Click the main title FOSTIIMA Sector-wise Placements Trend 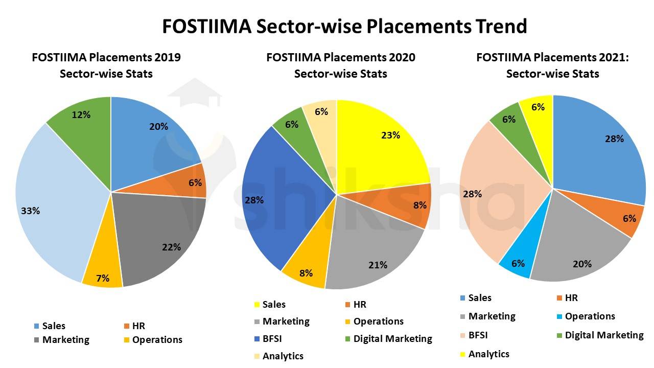[x=344, y=26]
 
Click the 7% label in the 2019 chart [x=103, y=278]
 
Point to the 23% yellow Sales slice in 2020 [x=383, y=143]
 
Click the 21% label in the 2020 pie [x=378, y=265]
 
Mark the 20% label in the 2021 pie [x=582, y=264]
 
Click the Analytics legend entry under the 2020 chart [x=283, y=356]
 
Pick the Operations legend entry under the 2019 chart [x=157, y=340]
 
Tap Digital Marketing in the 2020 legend [x=392, y=339]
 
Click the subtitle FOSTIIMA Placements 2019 [x=106, y=57]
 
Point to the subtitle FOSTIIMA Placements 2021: [x=552, y=57]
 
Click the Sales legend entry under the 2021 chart [x=479, y=298]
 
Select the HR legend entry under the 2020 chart [x=360, y=305]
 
